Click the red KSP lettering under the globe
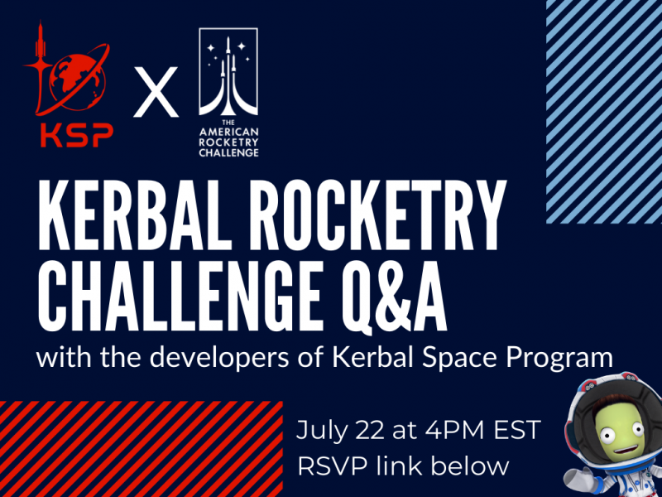click(x=77, y=135)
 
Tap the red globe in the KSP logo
click(x=78, y=82)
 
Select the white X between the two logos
click(x=156, y=92)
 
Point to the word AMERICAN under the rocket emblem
click(x=228, y=133)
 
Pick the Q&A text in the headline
click(x=395, y=296)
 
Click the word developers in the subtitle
click(x=219, y=358)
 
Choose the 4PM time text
click(x=453, y=430)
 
